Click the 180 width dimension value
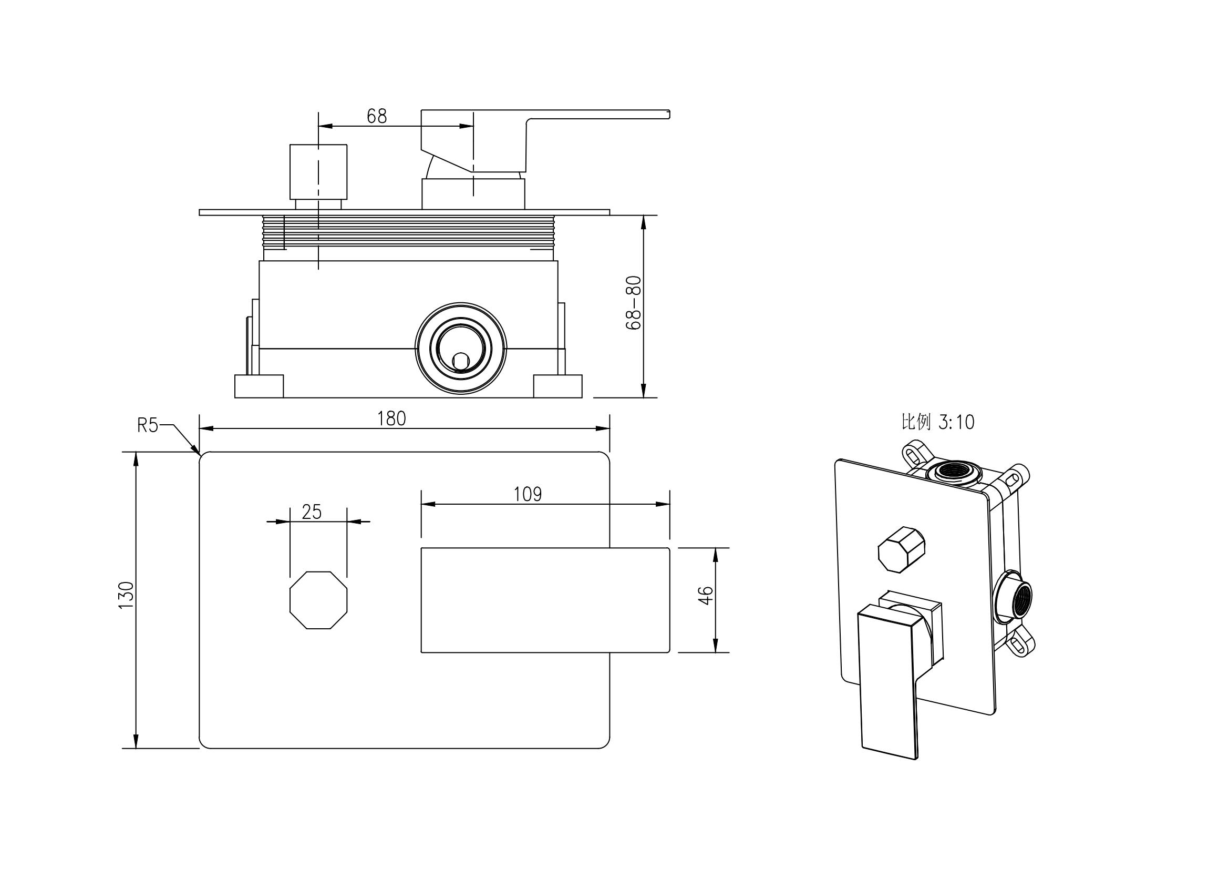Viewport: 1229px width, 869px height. tap(391, 418)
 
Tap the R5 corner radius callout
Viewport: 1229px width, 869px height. tap(148, 425)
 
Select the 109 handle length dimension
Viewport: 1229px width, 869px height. tap(527, 494)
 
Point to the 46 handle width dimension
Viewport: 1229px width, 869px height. tap(707, 596)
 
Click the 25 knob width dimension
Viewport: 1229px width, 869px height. tap(311, 512)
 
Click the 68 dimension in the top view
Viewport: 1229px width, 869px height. tap(376, 116)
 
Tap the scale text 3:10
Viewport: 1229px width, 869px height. tap(956, 423)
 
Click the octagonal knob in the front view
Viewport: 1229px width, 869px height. tap(318, 600)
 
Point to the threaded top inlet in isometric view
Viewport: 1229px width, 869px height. tap(952, 472)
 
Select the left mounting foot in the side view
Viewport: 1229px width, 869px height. tap(259, 386)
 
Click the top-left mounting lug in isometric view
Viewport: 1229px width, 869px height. tap(916, 454)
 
